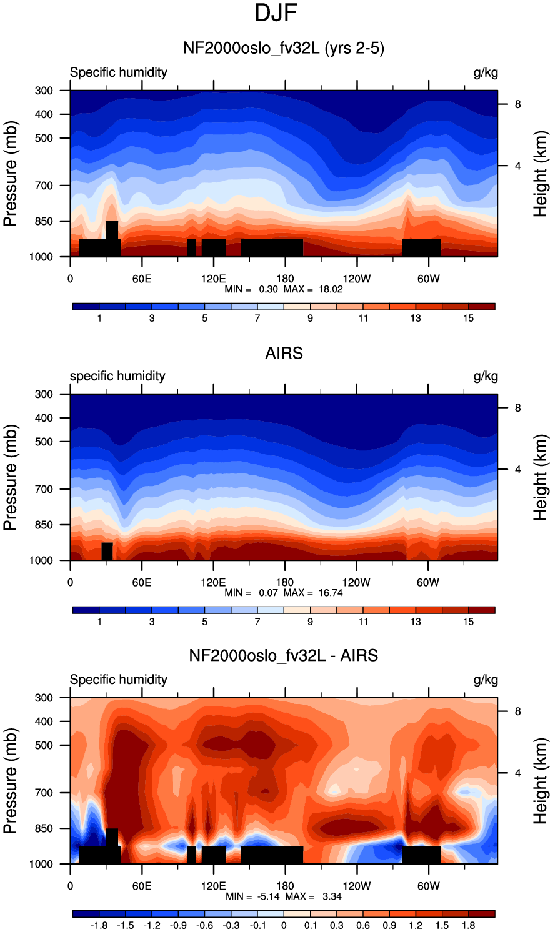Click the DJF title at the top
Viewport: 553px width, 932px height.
point(276,13)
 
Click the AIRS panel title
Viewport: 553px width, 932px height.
point(284,353)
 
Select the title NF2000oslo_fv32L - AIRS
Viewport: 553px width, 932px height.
point(283,655)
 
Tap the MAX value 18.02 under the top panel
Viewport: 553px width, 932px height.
point(331,289)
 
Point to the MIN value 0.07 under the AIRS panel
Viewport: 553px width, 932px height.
point(269,592)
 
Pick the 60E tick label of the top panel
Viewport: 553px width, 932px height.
point(142,279)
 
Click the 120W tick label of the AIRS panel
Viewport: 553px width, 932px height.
point(356,582)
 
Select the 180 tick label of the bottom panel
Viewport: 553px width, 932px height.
point(285,886)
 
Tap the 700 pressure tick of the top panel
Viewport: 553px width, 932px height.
point(44,186)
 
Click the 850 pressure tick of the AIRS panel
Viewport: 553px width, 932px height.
point(44,525)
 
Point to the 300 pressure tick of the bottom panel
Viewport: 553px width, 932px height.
point(44,698)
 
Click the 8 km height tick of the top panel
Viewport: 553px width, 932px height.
point(517,104)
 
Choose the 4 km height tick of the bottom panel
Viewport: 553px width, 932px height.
point(517,773)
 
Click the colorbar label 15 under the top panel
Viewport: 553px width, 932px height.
point(469,319)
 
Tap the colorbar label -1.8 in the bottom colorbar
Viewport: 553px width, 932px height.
point(99,925)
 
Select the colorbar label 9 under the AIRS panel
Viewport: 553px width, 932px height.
point(310,622)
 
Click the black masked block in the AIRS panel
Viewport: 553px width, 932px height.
point(107,552)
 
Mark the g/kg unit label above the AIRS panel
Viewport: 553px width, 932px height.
point(486,377)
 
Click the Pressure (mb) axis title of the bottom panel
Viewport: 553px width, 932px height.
point(11,781)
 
